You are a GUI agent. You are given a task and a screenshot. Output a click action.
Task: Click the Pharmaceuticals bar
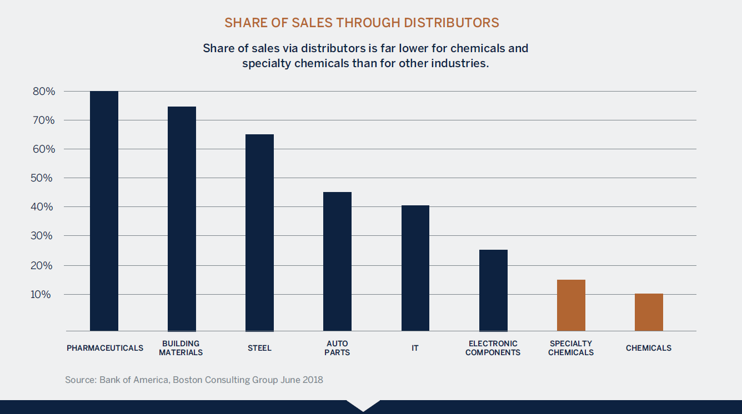click(104, 211)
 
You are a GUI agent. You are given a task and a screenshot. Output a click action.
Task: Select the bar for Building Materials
click(182, 219)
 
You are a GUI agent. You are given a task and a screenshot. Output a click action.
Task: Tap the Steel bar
click(259, 233)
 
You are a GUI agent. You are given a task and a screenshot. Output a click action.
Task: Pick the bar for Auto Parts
click(337, 261)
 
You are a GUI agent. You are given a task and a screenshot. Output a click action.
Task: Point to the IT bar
click(415, 268)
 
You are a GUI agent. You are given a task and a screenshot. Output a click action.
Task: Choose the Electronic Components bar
click(493, 290)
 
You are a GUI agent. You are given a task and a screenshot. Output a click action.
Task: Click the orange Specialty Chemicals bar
click(571, 305)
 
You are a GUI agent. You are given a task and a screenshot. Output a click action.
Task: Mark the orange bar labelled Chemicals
click(649, 312)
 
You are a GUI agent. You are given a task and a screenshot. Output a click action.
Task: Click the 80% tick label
click(44, 92)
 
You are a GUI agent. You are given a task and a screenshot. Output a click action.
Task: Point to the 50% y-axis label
click(44, 178)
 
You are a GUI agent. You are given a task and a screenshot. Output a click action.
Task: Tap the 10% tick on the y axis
click(44, 295)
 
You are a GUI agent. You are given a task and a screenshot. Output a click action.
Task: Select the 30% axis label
click(44, 236)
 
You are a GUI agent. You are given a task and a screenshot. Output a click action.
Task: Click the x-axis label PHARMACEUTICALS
click(105, 348)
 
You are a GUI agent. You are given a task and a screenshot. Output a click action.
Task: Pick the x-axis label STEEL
click(259, 348)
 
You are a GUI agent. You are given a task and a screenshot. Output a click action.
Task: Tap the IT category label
click(415, 348)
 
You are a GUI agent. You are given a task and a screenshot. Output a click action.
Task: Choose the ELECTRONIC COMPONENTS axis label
click(493, 348)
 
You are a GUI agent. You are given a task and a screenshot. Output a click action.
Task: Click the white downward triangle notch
click(363, 405)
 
